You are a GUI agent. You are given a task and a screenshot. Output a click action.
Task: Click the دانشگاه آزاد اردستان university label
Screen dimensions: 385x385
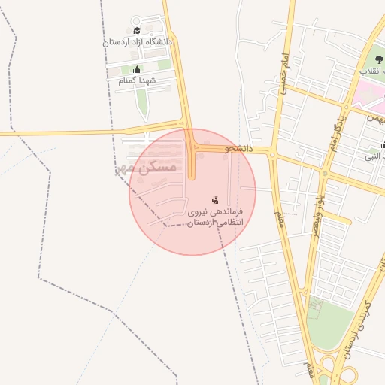pyautogui.click(x=138, y=42)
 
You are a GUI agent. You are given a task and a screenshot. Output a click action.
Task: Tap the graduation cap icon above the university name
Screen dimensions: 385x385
pyautogui.click(x=137, y=31)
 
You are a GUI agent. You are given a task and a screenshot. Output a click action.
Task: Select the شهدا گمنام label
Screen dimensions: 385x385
pyautogui.click(x=137, y=80)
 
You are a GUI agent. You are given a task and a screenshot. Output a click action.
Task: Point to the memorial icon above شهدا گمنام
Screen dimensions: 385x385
pyautogui.click(x=137, y=70)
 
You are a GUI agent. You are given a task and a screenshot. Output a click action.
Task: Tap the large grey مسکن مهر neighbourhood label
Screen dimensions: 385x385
pyautogui.click(x=147, y=167)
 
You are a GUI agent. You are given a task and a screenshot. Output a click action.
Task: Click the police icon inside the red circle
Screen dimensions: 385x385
pyautogui.click(x=215, y=200)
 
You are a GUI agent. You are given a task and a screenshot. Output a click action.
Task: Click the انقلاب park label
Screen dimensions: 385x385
pyautogui.click(x=373, y=71)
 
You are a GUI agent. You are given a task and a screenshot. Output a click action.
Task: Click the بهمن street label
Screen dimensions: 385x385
pyautogui.click(x=375, y=118)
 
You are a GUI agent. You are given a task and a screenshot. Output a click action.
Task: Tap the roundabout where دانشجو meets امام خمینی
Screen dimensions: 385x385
pyautogui.click(x=272, y=154)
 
